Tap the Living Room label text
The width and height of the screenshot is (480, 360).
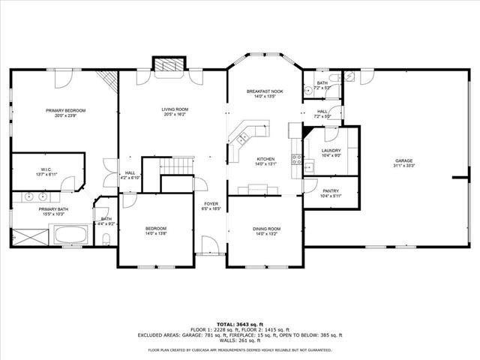[x=175, y=110]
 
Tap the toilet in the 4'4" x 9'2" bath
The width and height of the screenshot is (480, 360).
[x=106, y=239]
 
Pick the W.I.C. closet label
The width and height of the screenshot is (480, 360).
[x=45, y=170]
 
